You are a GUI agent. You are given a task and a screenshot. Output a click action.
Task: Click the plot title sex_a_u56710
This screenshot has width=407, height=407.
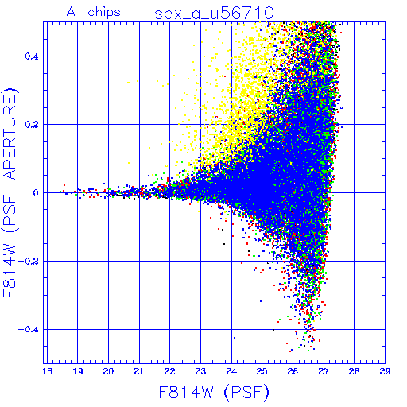pos(214,14)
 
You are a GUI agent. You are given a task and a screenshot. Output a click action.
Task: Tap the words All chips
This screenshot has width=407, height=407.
pos(94,12)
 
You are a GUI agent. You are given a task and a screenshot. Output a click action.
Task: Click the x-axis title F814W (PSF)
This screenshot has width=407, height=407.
pos(214,393)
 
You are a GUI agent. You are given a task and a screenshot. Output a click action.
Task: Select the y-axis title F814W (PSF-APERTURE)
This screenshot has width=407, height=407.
pos(10,192)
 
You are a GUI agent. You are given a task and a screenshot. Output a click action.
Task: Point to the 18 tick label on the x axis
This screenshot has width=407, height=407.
pos(47,371)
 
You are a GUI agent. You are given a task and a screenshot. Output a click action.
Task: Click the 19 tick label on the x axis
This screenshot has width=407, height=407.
pos(78,371)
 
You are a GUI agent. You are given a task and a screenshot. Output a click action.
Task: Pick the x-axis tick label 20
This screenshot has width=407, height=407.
pos(108,371)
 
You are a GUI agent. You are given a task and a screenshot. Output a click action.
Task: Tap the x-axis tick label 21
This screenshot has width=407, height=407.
pos(139,371)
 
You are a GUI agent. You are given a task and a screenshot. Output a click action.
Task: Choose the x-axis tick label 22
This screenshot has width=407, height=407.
pos(170,371)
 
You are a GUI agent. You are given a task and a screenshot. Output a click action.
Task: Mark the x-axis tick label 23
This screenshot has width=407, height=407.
pos(200,371)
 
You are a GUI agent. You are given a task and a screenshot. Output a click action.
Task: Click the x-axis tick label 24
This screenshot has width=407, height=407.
pos(231,371)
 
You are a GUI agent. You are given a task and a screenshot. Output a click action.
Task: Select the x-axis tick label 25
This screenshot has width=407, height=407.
pos(262,371)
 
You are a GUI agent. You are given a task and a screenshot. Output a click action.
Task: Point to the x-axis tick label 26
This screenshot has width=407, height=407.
pos(293,371)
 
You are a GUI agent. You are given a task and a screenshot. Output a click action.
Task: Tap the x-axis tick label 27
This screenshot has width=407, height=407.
pos(324,371)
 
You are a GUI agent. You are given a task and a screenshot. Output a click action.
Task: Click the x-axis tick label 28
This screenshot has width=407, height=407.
pos(355,371)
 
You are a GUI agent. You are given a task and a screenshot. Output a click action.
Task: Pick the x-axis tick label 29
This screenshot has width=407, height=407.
pos(385,371)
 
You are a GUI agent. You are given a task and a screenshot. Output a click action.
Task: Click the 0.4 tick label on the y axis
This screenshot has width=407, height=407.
pos(32,56)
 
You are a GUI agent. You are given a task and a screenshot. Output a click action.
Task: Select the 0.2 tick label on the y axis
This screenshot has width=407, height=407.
pos(32,124)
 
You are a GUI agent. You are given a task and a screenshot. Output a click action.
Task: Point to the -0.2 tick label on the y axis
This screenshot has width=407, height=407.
pos(29,261)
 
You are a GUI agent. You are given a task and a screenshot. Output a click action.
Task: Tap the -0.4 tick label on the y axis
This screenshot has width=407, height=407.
pos(29,329)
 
